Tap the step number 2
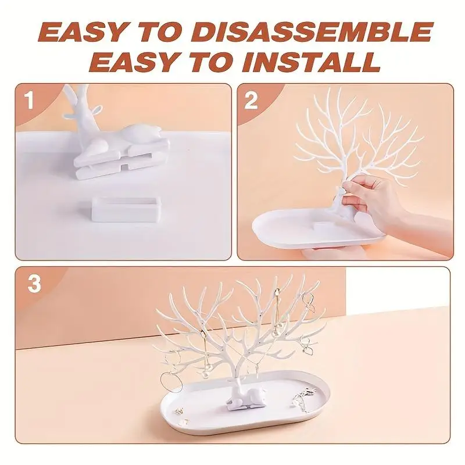coord(251,101)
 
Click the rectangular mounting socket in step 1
coord(126,209)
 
